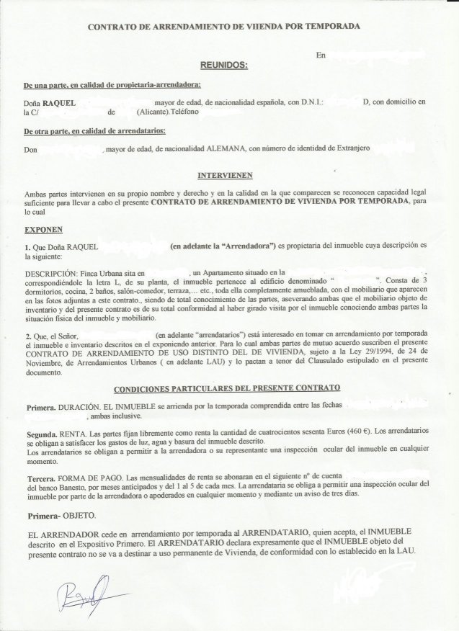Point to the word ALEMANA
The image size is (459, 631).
pos(226,148)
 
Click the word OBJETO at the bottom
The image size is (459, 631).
pos(79,517)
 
